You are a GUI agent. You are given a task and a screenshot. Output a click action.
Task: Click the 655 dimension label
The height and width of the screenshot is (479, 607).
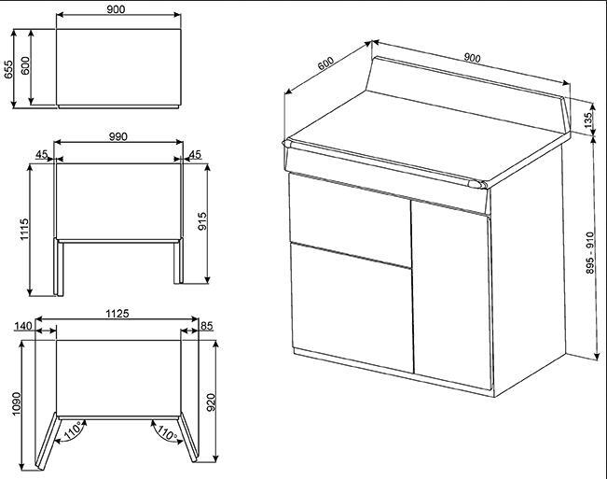8,70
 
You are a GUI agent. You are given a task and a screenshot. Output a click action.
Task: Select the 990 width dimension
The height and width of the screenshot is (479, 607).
118,137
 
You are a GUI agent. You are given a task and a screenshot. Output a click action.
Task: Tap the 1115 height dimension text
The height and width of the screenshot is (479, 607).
24,230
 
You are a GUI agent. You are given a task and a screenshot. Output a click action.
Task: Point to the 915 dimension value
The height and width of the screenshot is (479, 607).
202,221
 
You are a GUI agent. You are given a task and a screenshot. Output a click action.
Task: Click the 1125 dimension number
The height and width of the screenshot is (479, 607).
117,314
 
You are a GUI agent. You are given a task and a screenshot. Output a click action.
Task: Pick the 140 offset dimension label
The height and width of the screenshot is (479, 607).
22,326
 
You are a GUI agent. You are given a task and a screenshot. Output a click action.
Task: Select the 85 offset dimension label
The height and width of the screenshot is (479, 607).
207,326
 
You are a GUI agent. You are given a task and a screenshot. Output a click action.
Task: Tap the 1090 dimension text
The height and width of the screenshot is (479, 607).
16,403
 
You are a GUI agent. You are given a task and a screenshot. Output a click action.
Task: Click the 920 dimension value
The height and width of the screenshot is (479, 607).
211,402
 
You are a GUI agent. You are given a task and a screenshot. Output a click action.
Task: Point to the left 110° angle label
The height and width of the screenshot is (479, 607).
73,430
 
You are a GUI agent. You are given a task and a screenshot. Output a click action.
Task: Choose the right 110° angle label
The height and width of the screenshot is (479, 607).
167,432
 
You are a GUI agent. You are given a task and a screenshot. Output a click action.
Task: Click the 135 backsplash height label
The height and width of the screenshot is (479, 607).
588,120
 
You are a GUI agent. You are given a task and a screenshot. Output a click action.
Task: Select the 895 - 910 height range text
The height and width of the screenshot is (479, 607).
590,253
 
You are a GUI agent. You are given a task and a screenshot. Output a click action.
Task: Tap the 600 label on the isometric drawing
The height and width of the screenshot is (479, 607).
325,63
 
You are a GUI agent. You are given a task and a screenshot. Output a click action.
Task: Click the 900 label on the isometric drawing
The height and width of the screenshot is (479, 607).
473,58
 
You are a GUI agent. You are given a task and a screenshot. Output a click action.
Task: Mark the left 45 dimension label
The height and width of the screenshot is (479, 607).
42,155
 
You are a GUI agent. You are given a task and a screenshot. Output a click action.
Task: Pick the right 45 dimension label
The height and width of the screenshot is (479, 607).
195,155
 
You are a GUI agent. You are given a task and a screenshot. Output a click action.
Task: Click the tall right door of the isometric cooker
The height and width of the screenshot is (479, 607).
452,294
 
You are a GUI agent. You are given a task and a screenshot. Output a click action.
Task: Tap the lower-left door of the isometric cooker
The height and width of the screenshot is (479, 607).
352,308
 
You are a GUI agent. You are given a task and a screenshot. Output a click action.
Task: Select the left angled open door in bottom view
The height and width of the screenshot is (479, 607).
47,441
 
